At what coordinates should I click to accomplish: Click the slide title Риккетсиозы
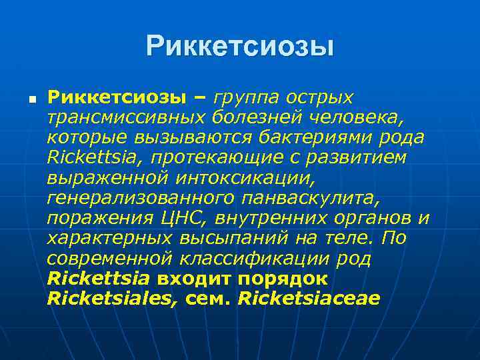pos(240,45)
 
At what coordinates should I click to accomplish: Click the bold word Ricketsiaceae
pos(308,298)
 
